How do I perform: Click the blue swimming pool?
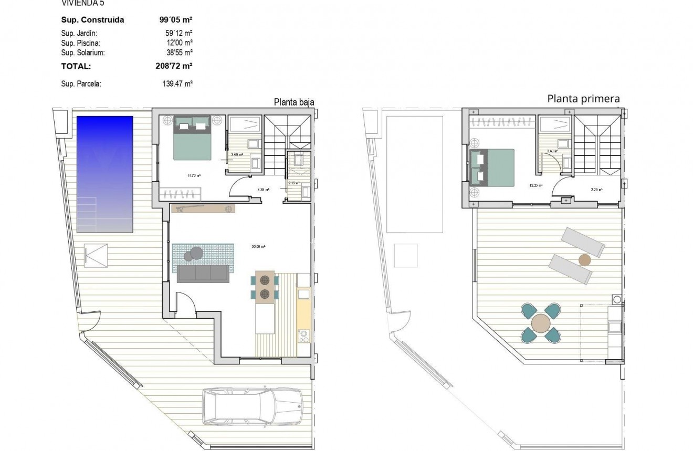104,174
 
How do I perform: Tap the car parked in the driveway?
253,406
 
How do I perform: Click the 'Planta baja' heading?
294,102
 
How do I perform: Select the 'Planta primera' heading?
583,98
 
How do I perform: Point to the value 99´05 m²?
175,20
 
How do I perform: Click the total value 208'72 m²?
171,66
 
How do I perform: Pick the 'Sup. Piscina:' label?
80,43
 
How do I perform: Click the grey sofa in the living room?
203,274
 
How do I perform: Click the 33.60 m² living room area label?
259,246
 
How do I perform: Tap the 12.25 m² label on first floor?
536,185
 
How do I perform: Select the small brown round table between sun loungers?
584,259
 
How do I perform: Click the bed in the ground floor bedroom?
192,138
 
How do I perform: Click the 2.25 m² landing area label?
596,190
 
